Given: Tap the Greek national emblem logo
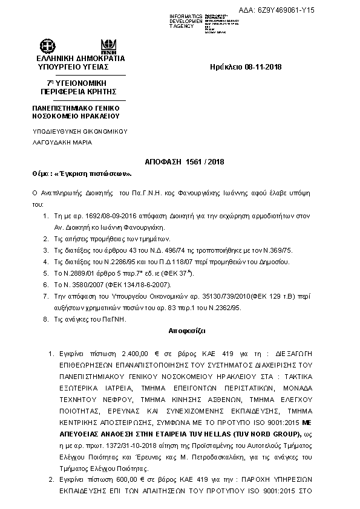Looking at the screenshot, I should (x=47, y=46).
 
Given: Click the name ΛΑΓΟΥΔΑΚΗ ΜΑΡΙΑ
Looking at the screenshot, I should (x=62, y=143).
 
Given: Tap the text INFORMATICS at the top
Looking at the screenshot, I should (x=186, y=16).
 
